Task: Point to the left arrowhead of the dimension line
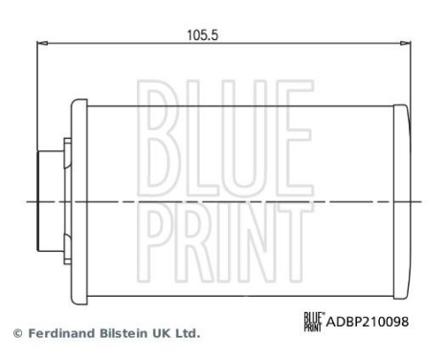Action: coord(40,43)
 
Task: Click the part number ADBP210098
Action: coord(368,322)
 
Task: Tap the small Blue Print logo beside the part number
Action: coord(313,322)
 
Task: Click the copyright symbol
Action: coord(17,334)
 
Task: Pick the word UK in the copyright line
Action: coord(163,334)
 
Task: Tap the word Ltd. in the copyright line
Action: coord(188,334)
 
